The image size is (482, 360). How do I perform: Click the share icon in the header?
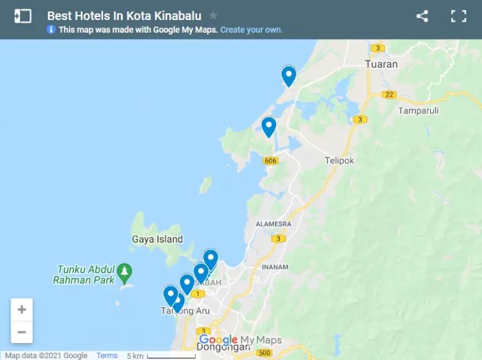coord(422,16)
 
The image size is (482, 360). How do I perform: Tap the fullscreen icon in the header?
coord(459,16)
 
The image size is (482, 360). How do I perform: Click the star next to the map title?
coord(213,16)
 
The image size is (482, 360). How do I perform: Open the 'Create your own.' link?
coord(251,29)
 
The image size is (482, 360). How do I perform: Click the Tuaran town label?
coord(382,64)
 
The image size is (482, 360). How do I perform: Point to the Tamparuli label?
coord(419,110)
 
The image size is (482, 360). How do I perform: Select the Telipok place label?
coord(340,161)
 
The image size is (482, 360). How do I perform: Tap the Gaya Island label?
coord(158,239)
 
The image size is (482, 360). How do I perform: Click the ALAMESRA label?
coord(274,224)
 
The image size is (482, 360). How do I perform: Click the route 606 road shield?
coord(270,161)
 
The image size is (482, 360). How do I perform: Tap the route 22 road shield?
coord(390,95)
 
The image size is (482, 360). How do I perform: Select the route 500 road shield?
coord(264,352)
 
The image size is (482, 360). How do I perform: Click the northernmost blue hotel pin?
coord(289,76)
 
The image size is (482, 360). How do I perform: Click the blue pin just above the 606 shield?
coord(269,126)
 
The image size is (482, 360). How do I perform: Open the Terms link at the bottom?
coord(107,356)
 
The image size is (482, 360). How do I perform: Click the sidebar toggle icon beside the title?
coord(23,16)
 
